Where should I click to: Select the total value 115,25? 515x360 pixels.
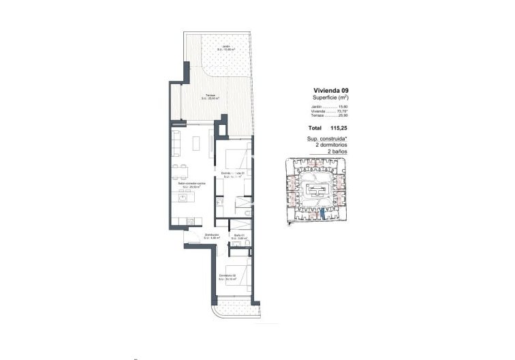point(339,127)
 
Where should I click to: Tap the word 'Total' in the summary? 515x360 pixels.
point(315,127)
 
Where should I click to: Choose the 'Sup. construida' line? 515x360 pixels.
point(327,138)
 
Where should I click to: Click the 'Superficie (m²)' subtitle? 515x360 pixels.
point(330,97)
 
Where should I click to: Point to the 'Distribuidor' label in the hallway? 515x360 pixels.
point(211,236)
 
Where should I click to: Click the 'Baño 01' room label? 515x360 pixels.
point(240,236)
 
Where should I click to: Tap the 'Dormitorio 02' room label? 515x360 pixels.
point(228,276)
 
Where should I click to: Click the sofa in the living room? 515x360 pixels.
point(176,144)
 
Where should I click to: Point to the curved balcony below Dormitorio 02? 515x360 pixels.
point(233,312)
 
